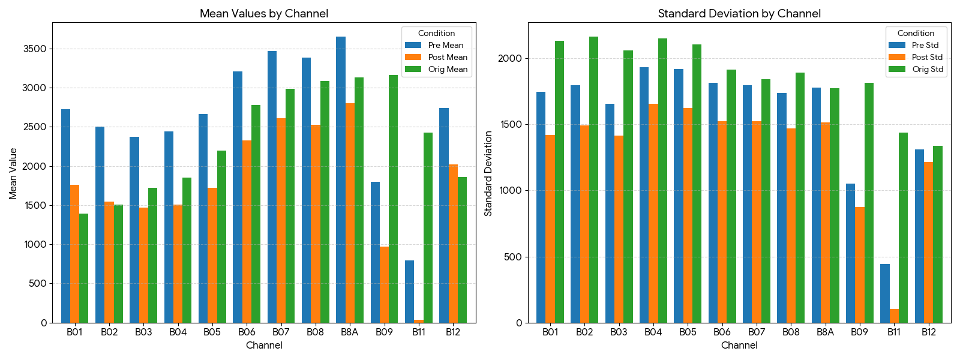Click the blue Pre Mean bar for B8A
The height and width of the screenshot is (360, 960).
point(341,180)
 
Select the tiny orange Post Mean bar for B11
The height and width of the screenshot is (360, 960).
point(419,321)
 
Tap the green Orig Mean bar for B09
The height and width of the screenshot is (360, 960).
point(393,199)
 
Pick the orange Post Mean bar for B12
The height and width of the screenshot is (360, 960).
point(453,244)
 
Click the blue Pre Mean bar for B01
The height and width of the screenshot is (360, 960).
point(65,216)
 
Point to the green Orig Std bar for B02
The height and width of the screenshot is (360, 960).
point(593,180)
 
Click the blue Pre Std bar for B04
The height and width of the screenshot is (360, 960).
point(644,195)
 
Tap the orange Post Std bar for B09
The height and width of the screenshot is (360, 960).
point(860,265)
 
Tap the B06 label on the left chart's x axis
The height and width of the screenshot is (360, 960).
point(247,332)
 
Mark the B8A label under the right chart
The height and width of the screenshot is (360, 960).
point(825,332)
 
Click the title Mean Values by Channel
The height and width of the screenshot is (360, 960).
point(264,13)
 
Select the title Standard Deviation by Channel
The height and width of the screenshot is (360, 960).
point(739,13)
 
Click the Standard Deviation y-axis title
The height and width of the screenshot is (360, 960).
point(488,173)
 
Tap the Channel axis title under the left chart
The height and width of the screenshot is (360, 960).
point(264,345)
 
